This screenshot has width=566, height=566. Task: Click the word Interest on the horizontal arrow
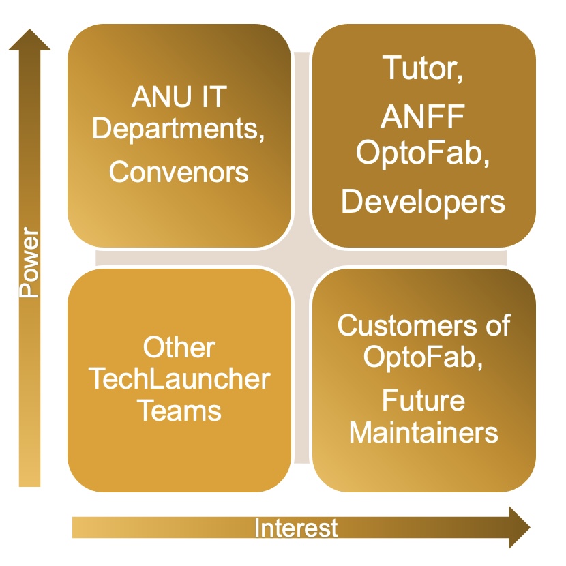click(296, 528)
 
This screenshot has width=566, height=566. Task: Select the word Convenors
click(179, 172)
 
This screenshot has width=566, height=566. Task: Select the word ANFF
click(423, 119)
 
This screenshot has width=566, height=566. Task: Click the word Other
click(179, 348)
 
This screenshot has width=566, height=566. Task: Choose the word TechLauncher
click(179, 379)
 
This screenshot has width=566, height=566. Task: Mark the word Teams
click(179, 411)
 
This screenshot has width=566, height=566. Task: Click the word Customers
click(405, 325)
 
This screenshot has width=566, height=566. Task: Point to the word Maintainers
click(423, 432)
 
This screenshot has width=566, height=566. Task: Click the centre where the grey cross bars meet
click(301, 258)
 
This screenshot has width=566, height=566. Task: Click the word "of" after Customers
click(495, 325)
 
